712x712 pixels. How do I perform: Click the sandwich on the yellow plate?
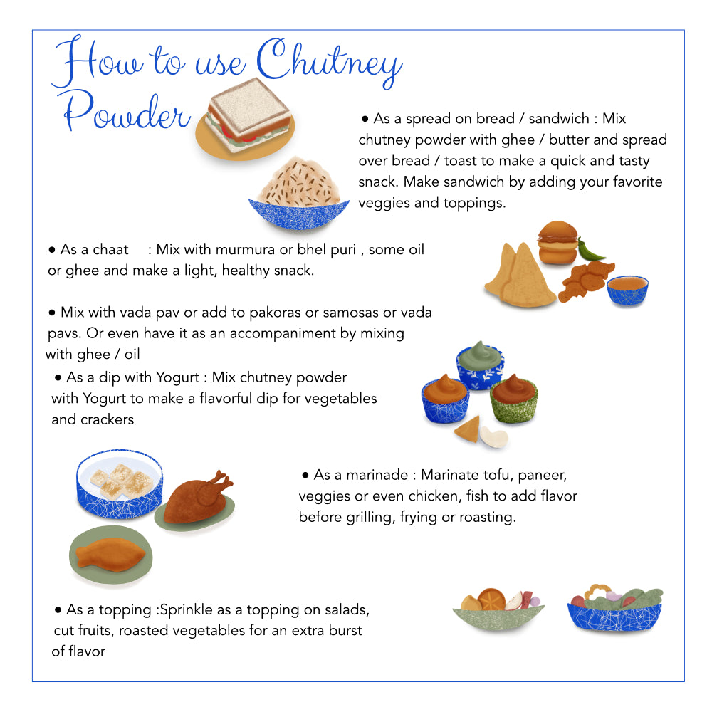coord(248,115)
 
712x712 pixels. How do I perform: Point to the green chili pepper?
coord(590,250)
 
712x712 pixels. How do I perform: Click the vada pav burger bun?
coord(557,243)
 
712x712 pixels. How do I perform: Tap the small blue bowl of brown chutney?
coord(627,290)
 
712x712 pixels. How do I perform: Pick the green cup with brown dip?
coord(513,398)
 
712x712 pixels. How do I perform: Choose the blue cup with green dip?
coord(481,366)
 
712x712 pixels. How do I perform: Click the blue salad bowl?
coord(615,610)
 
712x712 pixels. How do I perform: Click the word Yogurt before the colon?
coord(178,378)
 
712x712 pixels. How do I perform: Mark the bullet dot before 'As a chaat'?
coord(52,250)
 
